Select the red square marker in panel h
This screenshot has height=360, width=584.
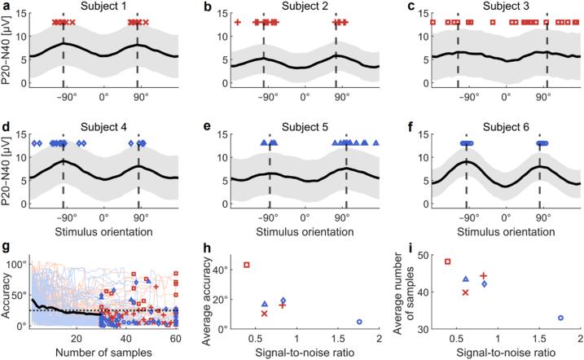tap(247, 265)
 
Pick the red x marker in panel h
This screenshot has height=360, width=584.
tap(264, 313)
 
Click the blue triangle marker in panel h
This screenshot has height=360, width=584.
tap(264, 304)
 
